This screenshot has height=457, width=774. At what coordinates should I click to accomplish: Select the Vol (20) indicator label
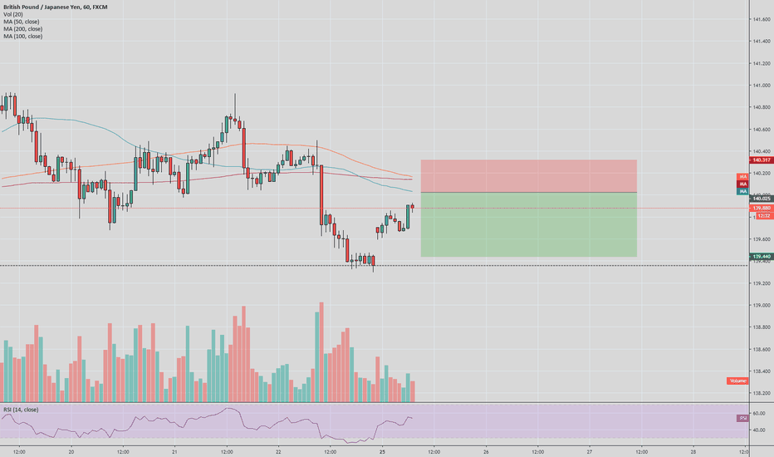tap(12, 14)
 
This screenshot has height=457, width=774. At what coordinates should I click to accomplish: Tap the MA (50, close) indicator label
tap(22, 22)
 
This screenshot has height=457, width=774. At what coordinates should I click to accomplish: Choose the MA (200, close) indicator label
tap(22, 29)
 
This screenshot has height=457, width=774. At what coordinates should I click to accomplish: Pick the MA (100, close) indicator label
tap(22, 37)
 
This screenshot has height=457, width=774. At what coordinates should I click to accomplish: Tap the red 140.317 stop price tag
tap(762, 160)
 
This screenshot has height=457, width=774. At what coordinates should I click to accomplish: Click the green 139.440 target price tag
tap(762, 257)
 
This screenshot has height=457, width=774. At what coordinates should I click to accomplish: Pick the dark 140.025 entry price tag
tap(762, 199)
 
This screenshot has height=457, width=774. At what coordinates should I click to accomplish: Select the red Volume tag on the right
tap(737, 381)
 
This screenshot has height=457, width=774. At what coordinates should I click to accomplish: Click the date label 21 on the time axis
tap(175, 452)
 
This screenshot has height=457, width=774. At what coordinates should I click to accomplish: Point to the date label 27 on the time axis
tap(589, 452)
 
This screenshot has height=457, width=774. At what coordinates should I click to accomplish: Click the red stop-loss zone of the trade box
tap(529, 175)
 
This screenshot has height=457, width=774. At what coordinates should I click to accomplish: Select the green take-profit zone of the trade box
tap(529, 224)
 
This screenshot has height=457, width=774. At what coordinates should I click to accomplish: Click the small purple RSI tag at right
tap(742, 418)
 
